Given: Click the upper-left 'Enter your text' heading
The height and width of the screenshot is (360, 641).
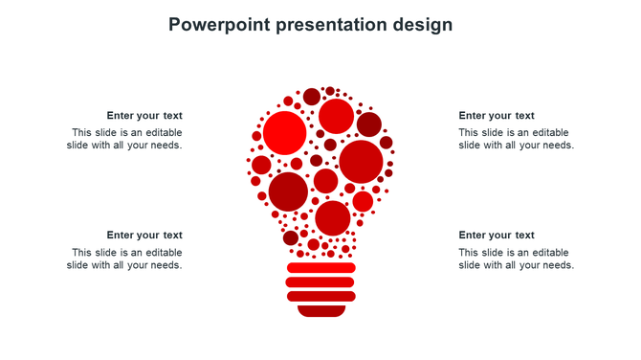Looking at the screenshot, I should coord(144,116).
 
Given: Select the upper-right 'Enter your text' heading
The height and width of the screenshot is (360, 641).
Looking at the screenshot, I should coord(497,116).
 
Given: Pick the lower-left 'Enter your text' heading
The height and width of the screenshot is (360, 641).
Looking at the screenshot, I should coord(144,236).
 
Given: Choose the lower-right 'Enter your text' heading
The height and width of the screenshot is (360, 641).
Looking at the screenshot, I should coord(497,236).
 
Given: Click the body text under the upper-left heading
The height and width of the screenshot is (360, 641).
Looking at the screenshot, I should coord(124,140).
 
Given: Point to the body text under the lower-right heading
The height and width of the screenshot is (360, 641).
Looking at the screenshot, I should coord(516,259).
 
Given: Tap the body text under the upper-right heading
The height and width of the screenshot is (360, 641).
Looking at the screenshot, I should coord(516,140).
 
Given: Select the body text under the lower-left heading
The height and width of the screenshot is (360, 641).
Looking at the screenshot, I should coord(124,259).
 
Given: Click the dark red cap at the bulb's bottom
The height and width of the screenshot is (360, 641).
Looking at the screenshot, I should coord(320,311).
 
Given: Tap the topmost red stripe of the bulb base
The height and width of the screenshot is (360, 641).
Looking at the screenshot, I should coord(320,268).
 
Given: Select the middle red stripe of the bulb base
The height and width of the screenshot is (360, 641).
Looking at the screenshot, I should coord(320,282).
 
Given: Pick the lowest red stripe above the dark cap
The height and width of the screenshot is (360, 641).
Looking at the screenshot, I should coord(320,297).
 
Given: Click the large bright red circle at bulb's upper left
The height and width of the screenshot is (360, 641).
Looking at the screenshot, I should coord(284,133).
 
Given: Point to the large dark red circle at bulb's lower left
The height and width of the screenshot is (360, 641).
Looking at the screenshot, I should coord(288,191).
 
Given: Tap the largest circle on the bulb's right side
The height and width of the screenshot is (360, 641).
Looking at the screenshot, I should coord(361,162).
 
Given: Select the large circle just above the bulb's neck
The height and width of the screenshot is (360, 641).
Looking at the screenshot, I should coord(332,218).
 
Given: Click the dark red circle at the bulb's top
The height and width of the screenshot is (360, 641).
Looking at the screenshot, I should coord(312,97).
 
